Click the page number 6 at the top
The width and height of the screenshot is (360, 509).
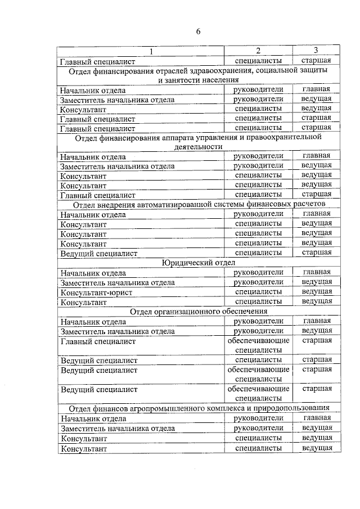(x=199, y=31)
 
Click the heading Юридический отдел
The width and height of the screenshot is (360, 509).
(x=199, y=263)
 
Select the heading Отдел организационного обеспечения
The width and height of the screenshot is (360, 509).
(x=199, y=312)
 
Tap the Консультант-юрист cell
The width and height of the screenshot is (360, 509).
(x=91, y=292)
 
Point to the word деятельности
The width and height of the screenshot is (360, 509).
(x=199, y=147)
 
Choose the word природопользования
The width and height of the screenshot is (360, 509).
(x=287, y=408)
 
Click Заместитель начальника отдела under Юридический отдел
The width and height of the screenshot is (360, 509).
(x=118, y=282)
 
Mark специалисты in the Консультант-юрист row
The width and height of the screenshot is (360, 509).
(x=258, y=292)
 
